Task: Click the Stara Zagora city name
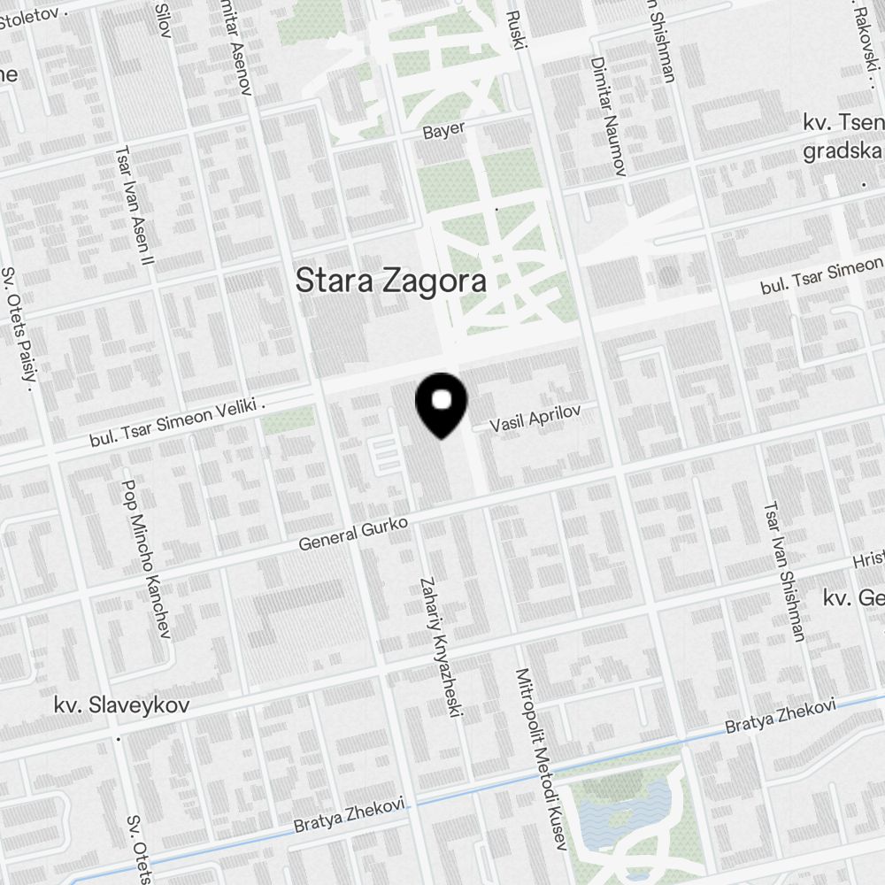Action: (x=390, y=281)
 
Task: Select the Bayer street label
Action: (x=443, y=131)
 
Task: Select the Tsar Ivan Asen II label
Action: (x=135, y=204)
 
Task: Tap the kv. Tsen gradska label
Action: (x=841, y=137)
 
